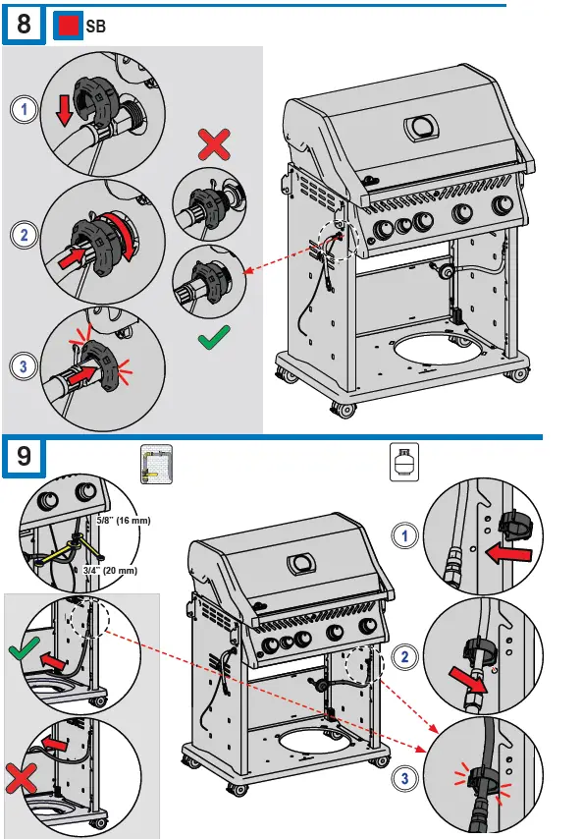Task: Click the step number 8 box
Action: [25, 25]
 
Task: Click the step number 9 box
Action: [25, 457]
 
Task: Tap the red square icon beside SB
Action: [69, 26]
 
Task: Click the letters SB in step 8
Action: [95, 27]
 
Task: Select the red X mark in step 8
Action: [214, 144]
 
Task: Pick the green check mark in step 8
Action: [214, 338]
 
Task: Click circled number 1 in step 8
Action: [25, 110]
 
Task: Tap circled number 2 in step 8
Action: [25, 235]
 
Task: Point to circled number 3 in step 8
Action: [25, 367]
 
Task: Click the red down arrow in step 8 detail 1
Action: [64, 111]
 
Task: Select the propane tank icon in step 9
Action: [404, 462]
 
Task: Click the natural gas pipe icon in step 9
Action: [157, 464]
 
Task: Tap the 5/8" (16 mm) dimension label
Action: [124, 520]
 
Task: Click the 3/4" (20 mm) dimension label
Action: [110, 571]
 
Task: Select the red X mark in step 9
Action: [22, 778]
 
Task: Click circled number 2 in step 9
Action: [405, 657]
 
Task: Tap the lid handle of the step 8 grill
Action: [422, 128]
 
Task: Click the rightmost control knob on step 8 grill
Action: [503, 205]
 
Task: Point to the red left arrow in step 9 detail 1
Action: [507, 553]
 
